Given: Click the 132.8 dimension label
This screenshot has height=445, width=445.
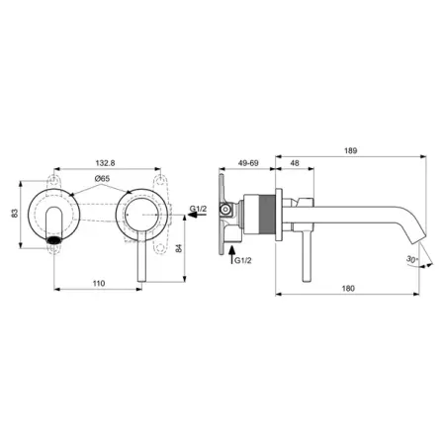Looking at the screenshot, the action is tap(105, 163).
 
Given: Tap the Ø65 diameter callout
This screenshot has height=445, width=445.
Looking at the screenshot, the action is tap(102, 179).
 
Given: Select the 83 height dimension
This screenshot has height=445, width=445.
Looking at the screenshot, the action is tap(15, 213).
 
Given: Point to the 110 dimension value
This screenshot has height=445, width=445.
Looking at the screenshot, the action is tap(99, 284).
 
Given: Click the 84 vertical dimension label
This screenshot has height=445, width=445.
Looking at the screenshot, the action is tap(178, 248).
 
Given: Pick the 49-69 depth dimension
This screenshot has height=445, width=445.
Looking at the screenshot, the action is tap(248, 163).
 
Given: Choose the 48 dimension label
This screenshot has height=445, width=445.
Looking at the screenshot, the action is tap(295, 163).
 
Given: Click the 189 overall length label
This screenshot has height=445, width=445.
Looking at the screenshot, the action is tap(351, 150).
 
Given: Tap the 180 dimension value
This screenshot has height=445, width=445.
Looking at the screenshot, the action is tap(348, 289).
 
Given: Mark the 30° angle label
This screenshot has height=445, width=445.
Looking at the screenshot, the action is tap(412, 259).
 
